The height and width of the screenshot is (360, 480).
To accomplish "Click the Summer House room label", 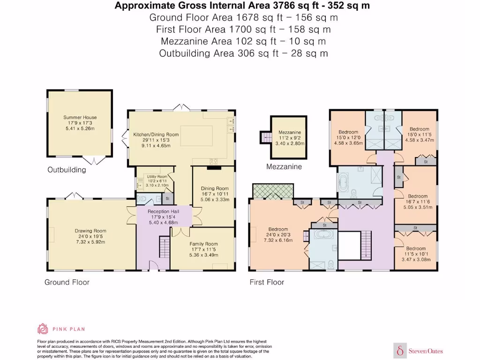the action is [80, 117].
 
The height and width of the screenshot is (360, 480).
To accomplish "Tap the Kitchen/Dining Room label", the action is [156, 135].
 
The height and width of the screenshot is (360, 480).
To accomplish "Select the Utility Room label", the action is [157, 177].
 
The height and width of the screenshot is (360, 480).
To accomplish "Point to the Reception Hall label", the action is [163, 211].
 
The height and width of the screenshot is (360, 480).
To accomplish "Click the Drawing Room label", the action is [90, 231].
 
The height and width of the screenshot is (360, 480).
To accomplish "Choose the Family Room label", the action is [203, 244].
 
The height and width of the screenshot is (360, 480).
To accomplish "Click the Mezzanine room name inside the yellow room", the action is [290, 132].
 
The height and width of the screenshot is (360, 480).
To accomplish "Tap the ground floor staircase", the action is [165, 247].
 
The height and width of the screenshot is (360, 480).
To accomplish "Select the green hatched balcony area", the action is [273, 191].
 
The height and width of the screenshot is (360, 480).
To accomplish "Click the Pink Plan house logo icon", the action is [43, 329].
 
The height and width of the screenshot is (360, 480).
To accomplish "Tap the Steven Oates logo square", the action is [400, 351].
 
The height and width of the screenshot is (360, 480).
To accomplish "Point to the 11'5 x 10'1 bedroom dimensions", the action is [416, 254].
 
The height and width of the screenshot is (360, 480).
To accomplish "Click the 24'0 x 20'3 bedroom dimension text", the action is [278, 235].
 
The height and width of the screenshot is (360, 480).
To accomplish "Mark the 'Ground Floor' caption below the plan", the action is [67, 282].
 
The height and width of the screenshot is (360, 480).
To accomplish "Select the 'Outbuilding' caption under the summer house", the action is [67, 170].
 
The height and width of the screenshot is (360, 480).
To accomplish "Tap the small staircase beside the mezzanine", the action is [266, 137].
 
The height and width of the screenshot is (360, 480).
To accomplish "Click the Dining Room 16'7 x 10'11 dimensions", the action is [215, 194].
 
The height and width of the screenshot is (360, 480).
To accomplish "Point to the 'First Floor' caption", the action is [267, 282].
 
